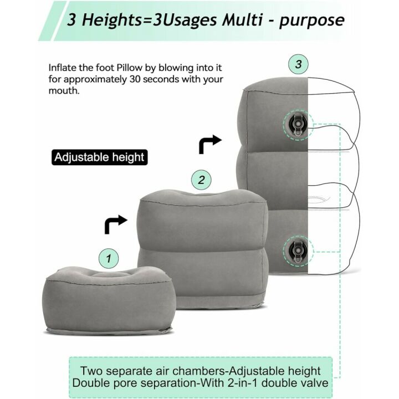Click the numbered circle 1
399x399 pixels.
[x=109, y=258]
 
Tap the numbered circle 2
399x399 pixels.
[x=202, y=180]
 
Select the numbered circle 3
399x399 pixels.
[x=299, y=64]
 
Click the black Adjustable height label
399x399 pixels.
[x=99, y=157]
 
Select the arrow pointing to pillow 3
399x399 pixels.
[x=209, y=144]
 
